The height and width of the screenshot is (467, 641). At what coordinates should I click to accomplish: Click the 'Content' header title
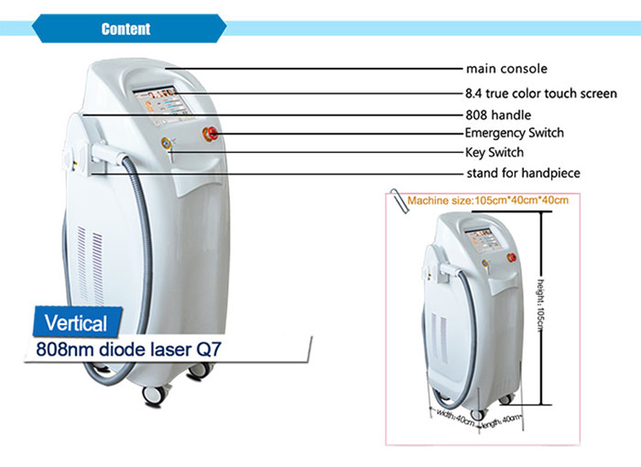pyautogui.click(x=126, y=29)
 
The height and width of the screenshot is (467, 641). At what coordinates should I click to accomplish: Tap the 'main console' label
pyautogui.click(x=507, y=68)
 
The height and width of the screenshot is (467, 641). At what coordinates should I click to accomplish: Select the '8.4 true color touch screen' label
pyautogui.click(x=541, y=93)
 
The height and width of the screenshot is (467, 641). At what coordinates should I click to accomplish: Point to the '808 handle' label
pyautogui.click(x=498, y=115)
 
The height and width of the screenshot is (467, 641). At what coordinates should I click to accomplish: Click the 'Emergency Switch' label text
pyautogui.click(x=515, y=133)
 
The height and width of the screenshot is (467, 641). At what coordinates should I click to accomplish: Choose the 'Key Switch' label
pyautogui.click(x=495, y=152)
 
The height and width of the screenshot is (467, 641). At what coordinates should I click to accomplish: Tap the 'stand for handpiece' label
pyautogui.click(x=523, y=173)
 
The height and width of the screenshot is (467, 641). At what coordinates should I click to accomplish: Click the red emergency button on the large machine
pyautogui.click(x=210, y=133)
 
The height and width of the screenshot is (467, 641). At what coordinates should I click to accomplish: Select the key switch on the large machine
pyautogui.click(x=167, y=143)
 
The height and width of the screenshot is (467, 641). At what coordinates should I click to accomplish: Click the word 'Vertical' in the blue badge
pyautogui.click(x=76, y=323)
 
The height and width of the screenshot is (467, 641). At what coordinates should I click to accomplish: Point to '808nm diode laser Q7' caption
pyautogui.click(x=129, y=349)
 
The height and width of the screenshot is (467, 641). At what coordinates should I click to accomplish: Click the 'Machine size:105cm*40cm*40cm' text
pyautogui.click(x=488, y=200)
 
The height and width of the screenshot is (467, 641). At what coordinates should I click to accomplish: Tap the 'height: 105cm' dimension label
pyautogui.click(x=540, y=305)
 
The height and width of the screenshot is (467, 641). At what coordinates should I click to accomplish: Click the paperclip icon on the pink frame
pyautogui.click(x=399, y=201)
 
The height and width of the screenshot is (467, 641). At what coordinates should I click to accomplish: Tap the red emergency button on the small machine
pyautogui.click(x=511, y=257)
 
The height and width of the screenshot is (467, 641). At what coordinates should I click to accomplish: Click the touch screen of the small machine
pyautogui.click(x=484, y=240)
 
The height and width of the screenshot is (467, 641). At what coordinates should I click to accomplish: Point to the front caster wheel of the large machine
pyautogui.click(x=153, y=395)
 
